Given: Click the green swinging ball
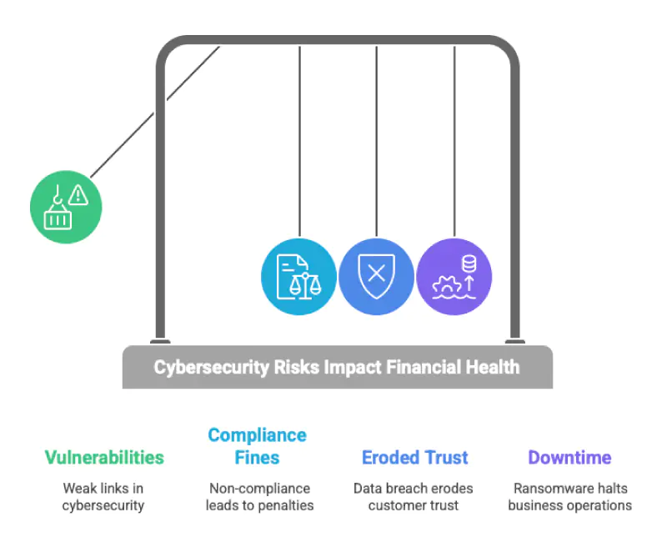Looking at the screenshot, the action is click(66, 207).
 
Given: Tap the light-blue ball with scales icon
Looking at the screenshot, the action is click(298, 277).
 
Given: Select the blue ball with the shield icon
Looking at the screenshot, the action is click(377, 277).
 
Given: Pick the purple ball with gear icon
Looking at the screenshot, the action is click(454, 277).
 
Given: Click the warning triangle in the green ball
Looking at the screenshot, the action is click(78, 195).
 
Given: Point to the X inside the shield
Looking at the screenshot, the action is click(377, 274).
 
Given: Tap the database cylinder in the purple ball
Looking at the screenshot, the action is click(469, 263).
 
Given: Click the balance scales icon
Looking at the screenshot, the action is click(305, 286).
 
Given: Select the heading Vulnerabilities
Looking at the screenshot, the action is click(104, 458).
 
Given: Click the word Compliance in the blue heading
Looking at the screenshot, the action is click(258, 435).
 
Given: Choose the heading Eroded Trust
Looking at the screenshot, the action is click(414, 458).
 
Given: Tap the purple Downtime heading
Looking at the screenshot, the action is click(569, 458).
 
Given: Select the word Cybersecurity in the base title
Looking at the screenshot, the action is click(212, 367).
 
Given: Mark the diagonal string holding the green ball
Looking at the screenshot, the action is click(155, 112).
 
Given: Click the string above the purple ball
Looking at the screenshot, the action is click(454, 141).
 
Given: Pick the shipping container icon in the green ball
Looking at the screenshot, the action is click(58, 217).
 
